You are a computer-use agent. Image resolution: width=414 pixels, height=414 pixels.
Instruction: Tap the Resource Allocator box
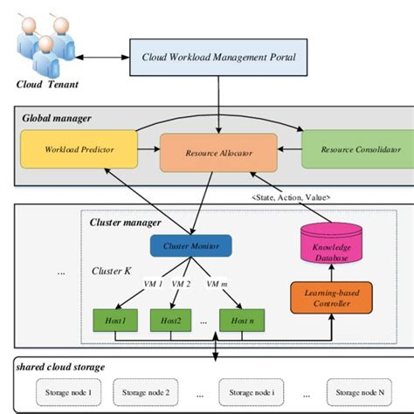click(218, 153)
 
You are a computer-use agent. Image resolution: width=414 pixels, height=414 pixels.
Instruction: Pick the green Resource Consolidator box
click(355, 148)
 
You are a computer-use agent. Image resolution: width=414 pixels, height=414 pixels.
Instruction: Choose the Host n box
click(242, 321)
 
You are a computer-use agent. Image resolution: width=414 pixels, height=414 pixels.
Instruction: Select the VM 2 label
click(181, 284)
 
